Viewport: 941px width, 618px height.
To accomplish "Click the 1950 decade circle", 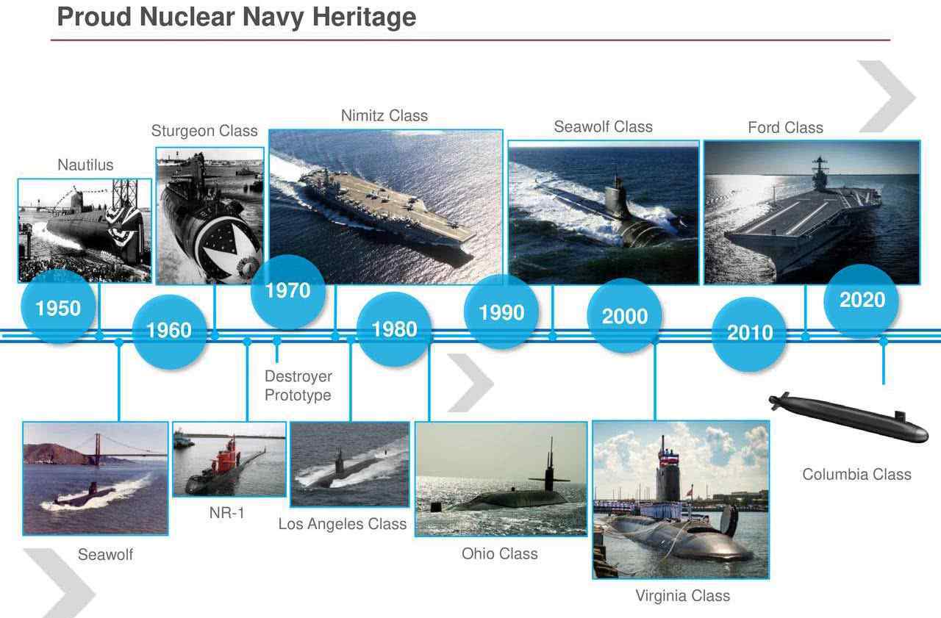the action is click(58, 307).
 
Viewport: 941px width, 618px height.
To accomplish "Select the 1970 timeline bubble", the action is click(287, 292).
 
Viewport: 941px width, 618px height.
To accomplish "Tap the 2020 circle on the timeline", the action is click(861, 301).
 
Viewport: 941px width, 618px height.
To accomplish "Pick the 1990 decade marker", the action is click(501, 312).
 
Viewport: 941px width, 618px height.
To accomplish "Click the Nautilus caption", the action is click(85, 165).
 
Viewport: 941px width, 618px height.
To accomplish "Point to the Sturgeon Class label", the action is click(204, 131).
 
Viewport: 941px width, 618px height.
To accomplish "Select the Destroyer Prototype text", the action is click(298, 385).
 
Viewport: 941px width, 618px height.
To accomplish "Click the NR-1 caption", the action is click(227, 513).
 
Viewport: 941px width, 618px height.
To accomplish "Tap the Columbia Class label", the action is click(857, 475).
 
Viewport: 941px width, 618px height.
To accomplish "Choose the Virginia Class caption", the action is click(683, 595).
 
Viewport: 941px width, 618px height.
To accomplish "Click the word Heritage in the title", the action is click(364, 17).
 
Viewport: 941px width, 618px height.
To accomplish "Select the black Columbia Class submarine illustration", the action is click(848, 417).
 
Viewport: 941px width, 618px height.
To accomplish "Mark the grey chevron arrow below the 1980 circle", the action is click(470, 382).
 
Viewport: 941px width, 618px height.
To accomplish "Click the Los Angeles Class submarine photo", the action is click(349, 464).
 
